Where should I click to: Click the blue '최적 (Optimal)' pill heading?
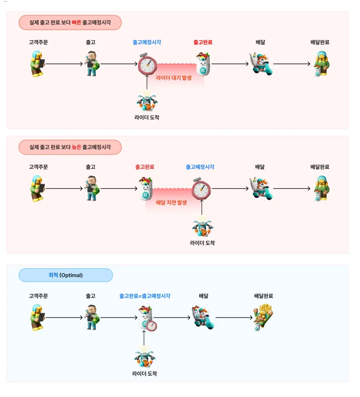65,275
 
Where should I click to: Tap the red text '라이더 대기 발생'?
174,78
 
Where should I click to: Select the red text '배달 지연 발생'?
171,202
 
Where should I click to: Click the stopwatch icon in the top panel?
148,65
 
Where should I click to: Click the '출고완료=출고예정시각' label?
144,296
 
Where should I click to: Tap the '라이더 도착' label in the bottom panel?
144,373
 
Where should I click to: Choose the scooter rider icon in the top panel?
262,64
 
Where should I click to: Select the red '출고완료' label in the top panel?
203,42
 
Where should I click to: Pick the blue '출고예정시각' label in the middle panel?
200,167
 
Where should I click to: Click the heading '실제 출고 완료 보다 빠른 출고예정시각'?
70,22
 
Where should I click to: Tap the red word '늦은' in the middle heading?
76,147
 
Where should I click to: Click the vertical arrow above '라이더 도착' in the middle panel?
201,208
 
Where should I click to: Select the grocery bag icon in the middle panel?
145,189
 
